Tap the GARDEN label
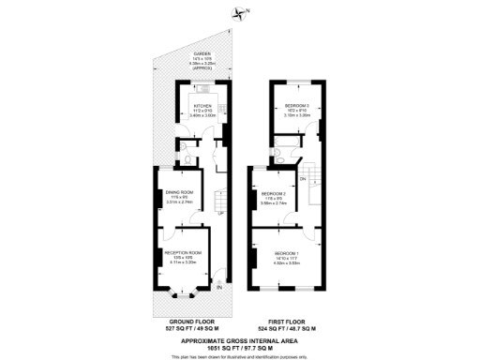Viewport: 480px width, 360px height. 202,54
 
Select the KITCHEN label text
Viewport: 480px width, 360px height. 202,106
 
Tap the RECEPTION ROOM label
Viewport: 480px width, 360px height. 183,253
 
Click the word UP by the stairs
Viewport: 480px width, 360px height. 220,213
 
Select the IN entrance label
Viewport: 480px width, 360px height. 219,288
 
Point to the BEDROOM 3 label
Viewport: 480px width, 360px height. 298,106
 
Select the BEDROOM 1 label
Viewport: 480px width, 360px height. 286,253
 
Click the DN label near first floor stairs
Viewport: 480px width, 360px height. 303,178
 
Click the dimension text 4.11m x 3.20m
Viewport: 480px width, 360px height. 183,263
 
